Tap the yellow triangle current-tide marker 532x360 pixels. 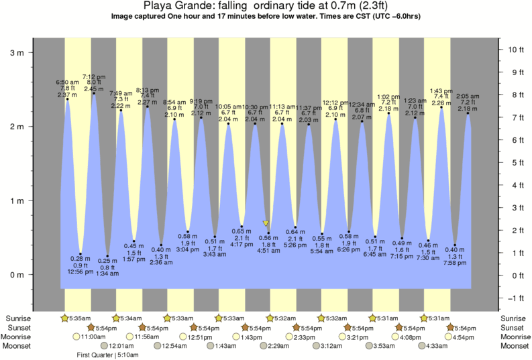pos(266,223)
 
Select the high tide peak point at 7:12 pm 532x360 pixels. pos(94,93)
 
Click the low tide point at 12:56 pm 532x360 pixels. pos(81,254)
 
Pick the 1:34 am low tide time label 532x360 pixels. pos(107,274)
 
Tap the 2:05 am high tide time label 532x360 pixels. pos(468,96)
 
